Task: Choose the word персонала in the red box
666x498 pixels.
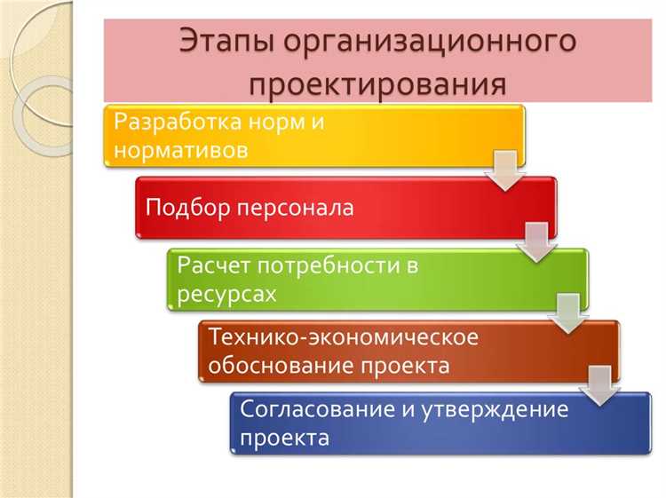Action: tap(296, 208)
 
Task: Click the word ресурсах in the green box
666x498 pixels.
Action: tap(226, 292)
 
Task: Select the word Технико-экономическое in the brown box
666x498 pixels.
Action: tap(343, 337)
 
